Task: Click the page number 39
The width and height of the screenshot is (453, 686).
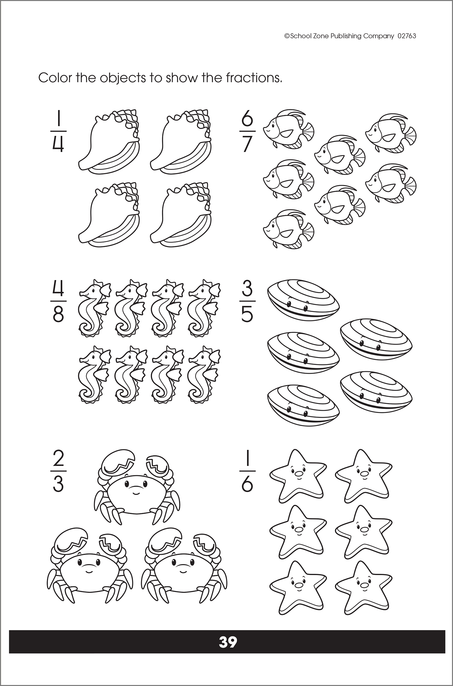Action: pos(228,642)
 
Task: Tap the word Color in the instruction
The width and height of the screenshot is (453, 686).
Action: pos(55,78)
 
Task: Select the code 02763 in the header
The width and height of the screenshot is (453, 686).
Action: pos(407,36)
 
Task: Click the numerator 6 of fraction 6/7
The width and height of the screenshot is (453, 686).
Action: pos(247,120)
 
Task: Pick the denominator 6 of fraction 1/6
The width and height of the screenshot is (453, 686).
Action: pos(247,484)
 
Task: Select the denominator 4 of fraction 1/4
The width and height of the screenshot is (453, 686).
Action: pos(58,145)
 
